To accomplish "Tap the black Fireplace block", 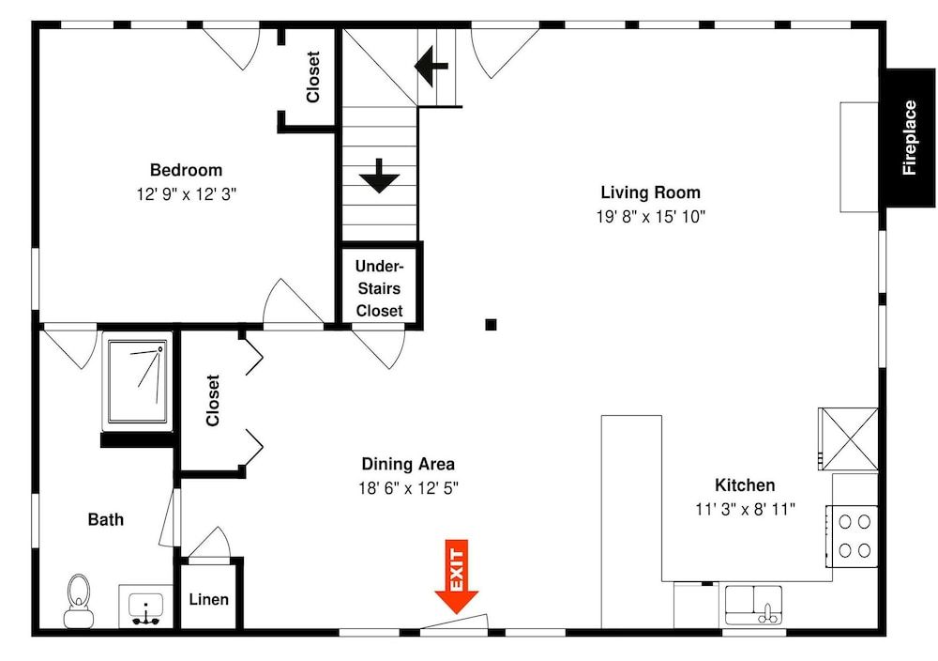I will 908,138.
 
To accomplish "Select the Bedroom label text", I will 186,170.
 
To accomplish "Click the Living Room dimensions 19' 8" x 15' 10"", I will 650,216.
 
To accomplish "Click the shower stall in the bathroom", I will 137,381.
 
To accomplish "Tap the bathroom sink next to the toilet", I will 145,607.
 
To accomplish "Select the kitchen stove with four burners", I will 852,535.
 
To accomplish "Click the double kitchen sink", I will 753,604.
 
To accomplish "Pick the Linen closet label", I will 208,599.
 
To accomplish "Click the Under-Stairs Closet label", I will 379,288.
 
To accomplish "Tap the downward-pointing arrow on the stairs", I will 380,177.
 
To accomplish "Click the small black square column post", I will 491,325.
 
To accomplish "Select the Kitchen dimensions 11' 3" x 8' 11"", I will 745,509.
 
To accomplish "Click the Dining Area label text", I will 408,464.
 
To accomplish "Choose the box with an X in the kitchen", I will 848,438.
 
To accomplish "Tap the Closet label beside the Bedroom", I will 312,77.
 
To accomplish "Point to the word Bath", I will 106,519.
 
